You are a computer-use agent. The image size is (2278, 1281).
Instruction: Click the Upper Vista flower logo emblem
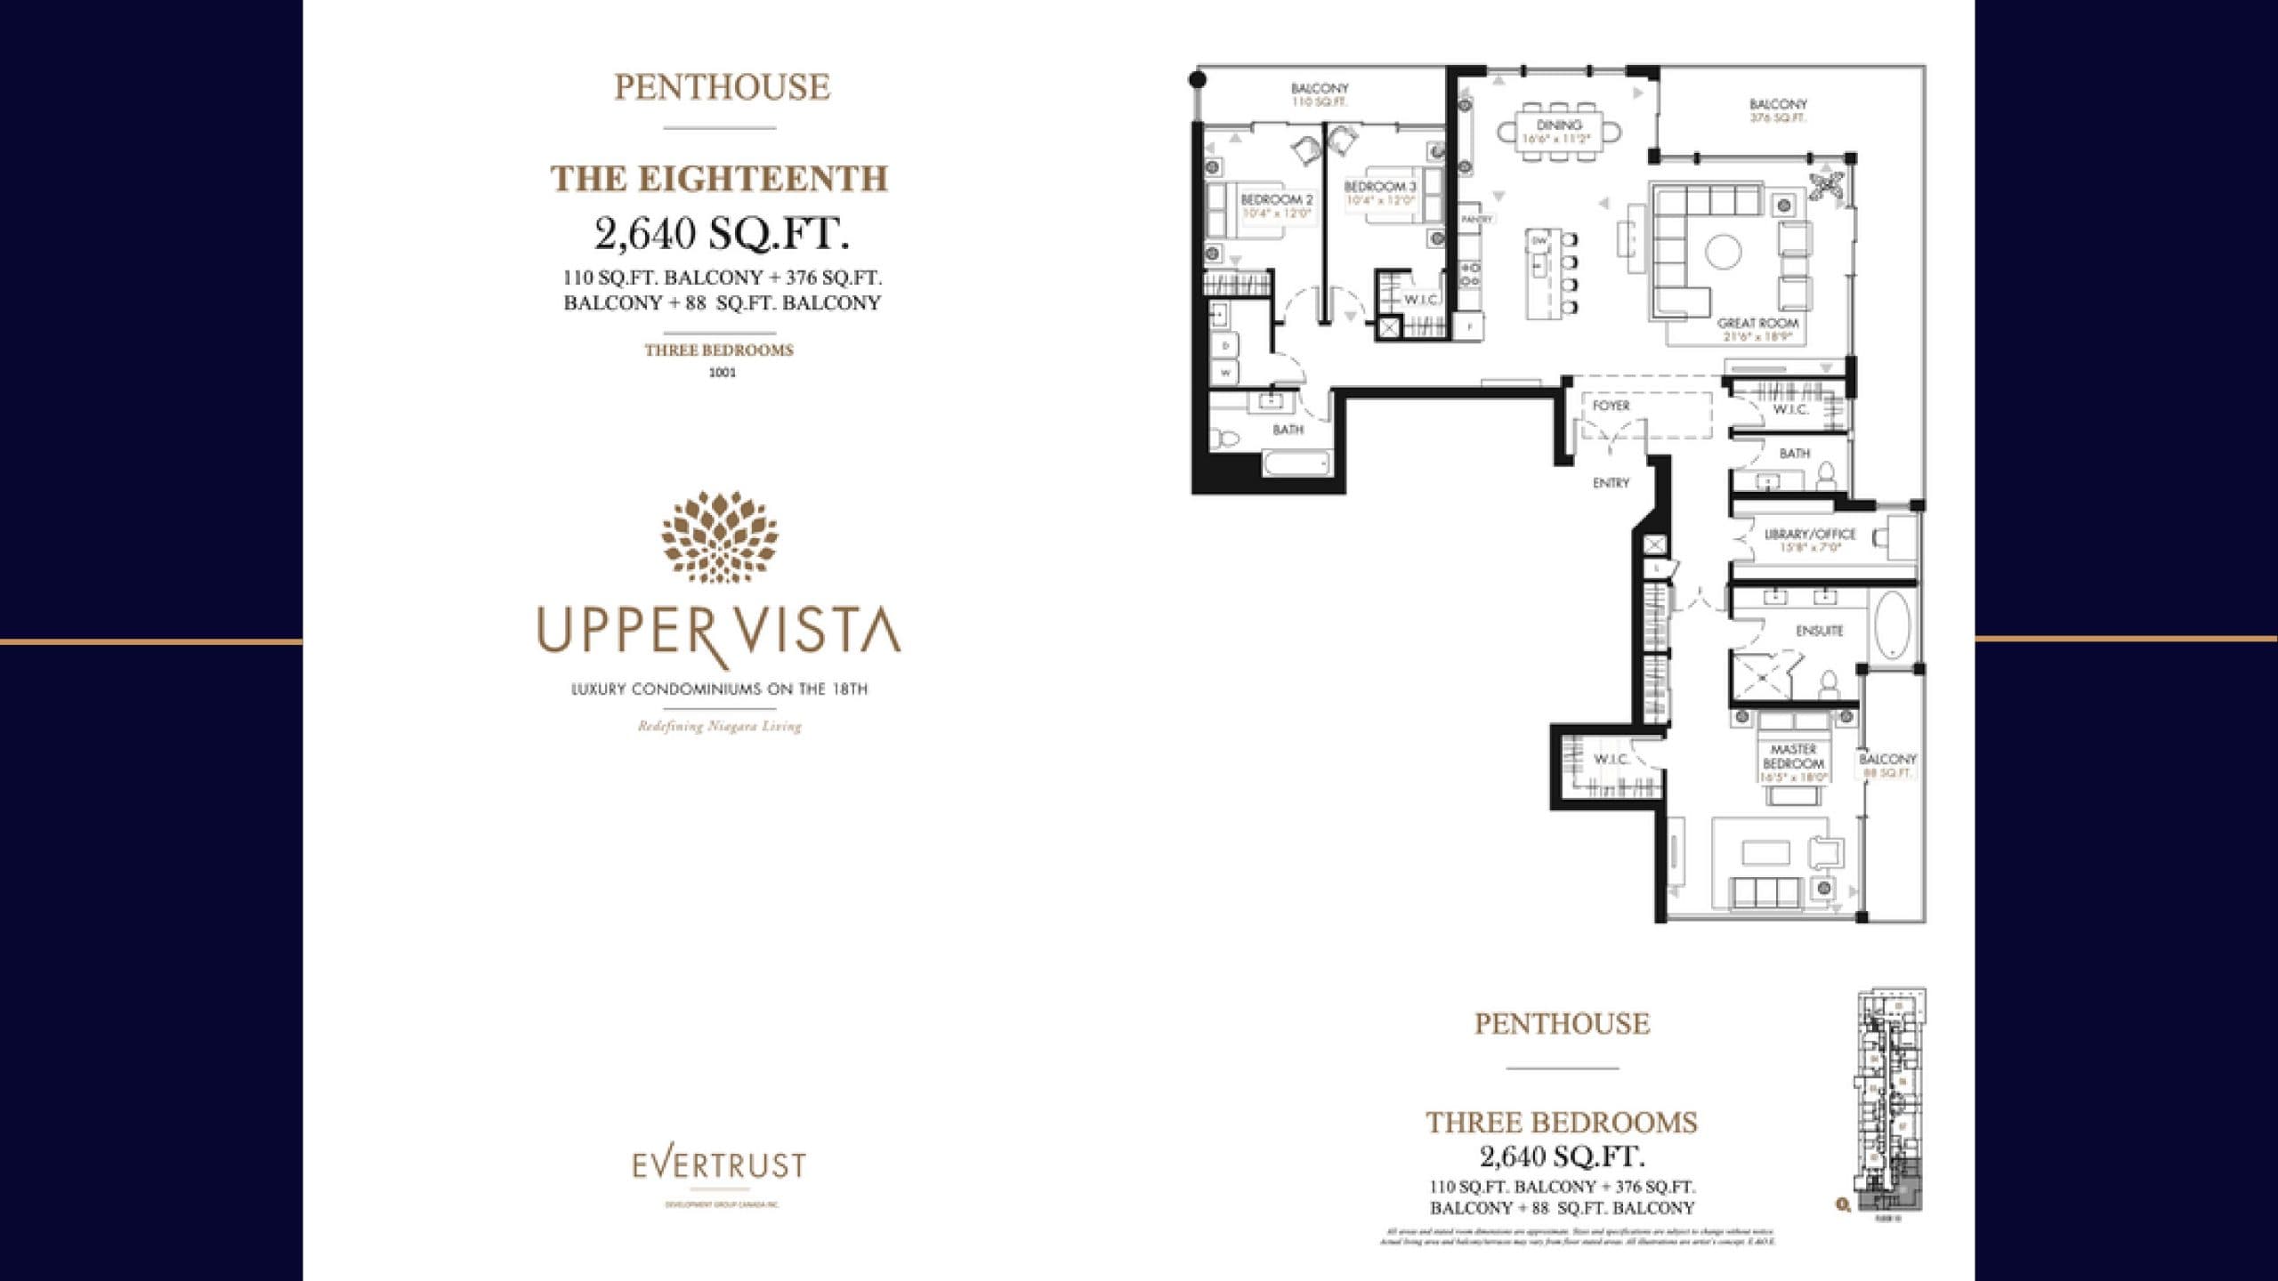[x=719, y=537]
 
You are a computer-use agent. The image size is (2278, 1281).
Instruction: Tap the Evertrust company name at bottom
[x=719, y=1164]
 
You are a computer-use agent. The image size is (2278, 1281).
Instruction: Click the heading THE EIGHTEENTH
[x=719, y=179]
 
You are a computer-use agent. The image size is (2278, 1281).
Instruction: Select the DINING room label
[x=1559, y=125]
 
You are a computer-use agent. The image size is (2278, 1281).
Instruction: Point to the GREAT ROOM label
[x=1757, y=324]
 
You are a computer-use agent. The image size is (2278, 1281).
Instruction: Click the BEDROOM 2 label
[x=1277, y=200]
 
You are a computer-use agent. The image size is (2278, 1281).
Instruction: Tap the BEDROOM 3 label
[x=1380, y=187]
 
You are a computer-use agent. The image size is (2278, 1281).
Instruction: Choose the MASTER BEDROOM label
[x=1793, y=757]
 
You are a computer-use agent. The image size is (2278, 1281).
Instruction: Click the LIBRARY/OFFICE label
[x=1810, y=535]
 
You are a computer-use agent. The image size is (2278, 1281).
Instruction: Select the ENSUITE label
[x=1819, y=631]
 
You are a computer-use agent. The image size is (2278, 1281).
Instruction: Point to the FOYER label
[x=1611, y=406]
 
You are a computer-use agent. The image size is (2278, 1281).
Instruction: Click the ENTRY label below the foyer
[x=1611, y=483]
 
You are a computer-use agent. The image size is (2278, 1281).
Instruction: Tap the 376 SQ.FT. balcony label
[x=1777, y=110]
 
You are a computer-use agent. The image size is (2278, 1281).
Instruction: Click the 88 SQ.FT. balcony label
[x=1887, y=765]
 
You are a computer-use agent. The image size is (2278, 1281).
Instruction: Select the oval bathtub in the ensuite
[x=1892, y=625]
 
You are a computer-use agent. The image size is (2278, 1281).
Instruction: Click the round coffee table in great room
[x=1723, y=252]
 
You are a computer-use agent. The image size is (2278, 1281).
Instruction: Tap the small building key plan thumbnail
[x=1889, y=1101]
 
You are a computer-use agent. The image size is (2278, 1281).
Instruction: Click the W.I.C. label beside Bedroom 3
[x=1421, y=300]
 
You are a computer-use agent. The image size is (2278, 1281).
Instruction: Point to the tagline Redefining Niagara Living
[x=719, y=727]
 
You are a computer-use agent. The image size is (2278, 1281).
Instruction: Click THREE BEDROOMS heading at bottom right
[x=1562, y=1123]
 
